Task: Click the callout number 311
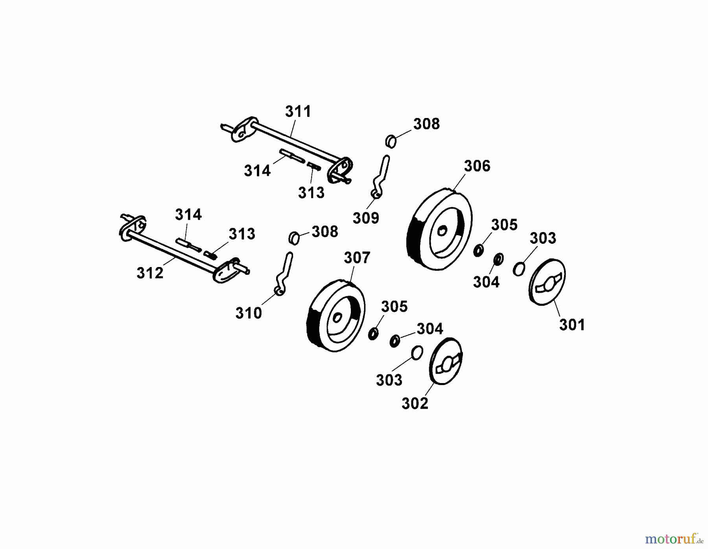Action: pos(298,111)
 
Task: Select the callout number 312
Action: pos(150,273)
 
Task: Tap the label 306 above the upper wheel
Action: pos(477,166)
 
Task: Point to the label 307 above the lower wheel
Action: pos(357,258)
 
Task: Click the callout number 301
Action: pos(572,325)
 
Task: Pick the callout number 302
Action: pos(415,403)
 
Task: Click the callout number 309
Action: pos(366,218)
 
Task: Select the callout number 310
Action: pos(249,313)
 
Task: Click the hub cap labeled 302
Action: pos(445,361)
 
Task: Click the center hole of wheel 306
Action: pos(442,231)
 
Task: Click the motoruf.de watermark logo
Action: pos(674,538)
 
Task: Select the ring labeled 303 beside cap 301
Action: pos(519,269)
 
